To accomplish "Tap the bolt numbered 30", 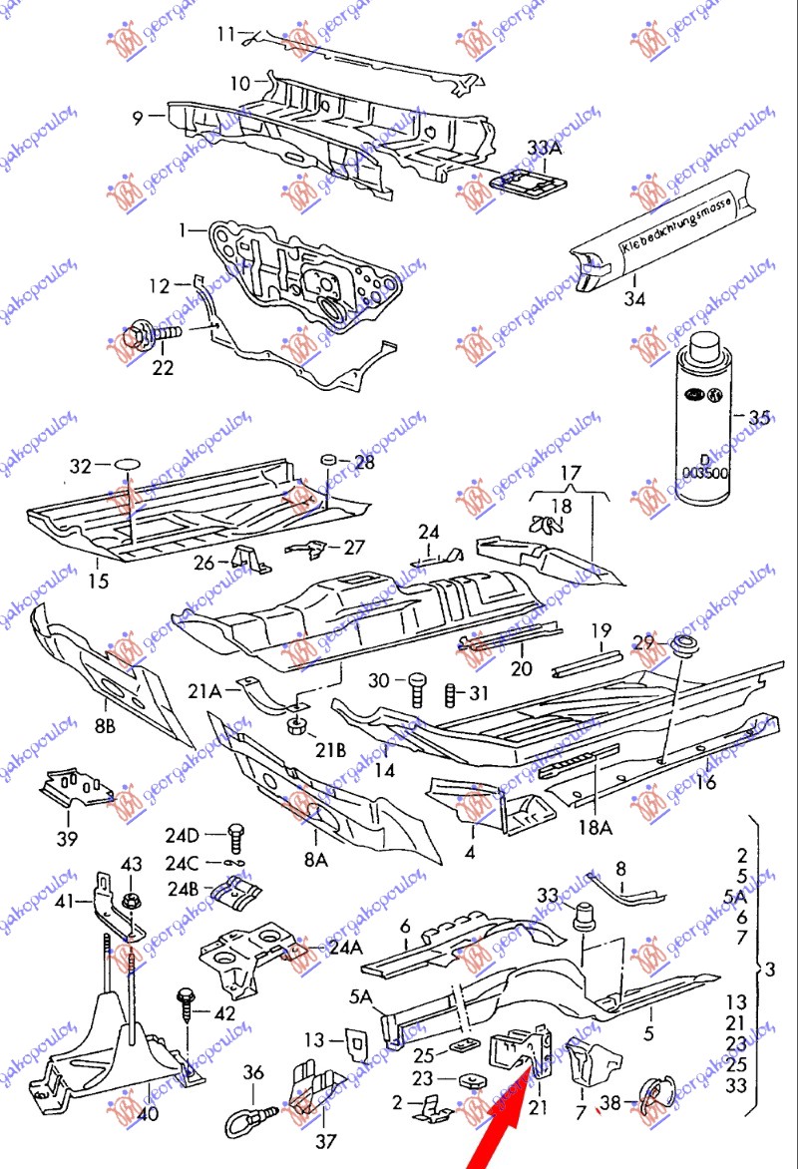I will pyautogui.click(x=418, y=687).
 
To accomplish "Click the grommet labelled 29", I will pyautogui.click(x=683, y=644).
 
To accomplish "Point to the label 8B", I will pyautogui.click(x=105, y=726).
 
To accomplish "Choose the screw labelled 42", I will pyautogui.click(x=187, y=1007).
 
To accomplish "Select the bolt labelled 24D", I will pyautogui.click(x=236, y=835).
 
